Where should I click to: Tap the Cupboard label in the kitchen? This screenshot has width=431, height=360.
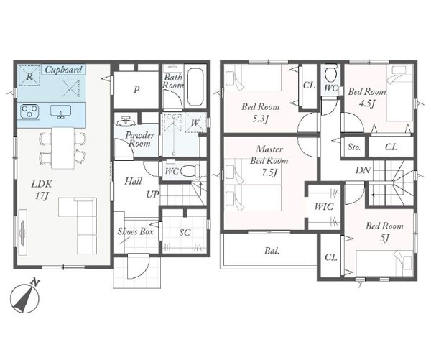pos(63,70)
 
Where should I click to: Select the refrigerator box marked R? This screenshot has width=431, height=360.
pos(29,75)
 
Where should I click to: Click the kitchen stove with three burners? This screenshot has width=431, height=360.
pos(29,111)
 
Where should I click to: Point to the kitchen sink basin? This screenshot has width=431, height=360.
pos(61,111)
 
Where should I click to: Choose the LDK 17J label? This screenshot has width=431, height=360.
pos(42,189)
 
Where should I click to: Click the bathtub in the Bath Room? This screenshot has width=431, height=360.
pos(195,86)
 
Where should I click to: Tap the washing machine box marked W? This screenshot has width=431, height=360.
pos(195,123)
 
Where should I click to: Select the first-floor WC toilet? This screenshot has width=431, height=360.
pos(192,171)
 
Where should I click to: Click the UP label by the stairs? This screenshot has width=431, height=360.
pos(152,195)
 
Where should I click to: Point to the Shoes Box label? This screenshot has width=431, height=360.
pos(136,231)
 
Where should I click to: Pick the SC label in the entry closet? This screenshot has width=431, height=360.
pos(185,233)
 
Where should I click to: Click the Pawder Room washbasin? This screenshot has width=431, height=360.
pos(126,121)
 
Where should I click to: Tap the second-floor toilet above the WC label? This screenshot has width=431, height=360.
pos(331,71)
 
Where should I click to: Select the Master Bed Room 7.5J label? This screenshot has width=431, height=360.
pos(269,161)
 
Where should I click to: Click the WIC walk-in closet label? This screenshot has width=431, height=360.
pos(324,206)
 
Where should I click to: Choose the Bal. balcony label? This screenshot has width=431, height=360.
pos(272,251)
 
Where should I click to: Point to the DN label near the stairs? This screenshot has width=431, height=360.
pos(363,170)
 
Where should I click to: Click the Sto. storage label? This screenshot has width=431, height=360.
pos(354,147)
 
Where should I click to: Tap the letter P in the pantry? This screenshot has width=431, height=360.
pos(136,90)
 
